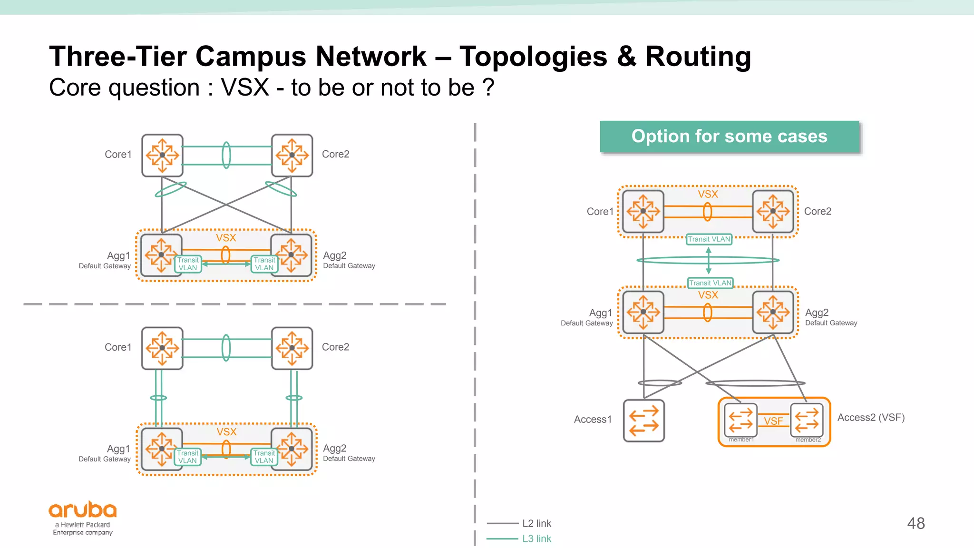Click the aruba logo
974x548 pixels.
pyautogui.click(x=83, y=510)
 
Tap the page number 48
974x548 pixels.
pyautogui.click(x=916, y=523)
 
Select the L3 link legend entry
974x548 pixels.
pyautogui.click(x=536, y=538)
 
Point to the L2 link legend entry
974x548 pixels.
pyautogui.click(x=536, y=523)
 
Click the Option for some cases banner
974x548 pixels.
pyautogui.click(x=729, y=137)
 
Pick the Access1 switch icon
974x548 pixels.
pyautogui.click(x=643, y=421)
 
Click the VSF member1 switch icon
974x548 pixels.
pyautogui.click(x=740, y=420)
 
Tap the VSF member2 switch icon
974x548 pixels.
pyautogui.click(x=807, y=420)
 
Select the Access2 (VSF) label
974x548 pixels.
pyautogui.click(x=871, y=418)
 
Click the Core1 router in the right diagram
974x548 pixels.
pyautogui.click(x=643, y=211)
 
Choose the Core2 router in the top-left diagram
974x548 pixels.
pyautogui.click(x=292, y=155)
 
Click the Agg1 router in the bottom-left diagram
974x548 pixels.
pyautogui.click(x=162, y=449)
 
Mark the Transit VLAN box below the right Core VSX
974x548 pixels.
pyautogui.click(x=709, y=239)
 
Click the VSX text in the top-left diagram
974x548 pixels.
pyautogui.click(x=226, y=238)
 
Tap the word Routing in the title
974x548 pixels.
pyautogui.click(x=698, y=57)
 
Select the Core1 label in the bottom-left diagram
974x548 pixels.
pyautogui.click(x=118, y=347)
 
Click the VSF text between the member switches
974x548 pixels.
pyautogui.click(x=773, y=421)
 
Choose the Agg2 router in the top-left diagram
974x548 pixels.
pyautogui.click(x=291, y=255)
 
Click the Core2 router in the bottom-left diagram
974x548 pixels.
pyautogui.click(x=292, y=348)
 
